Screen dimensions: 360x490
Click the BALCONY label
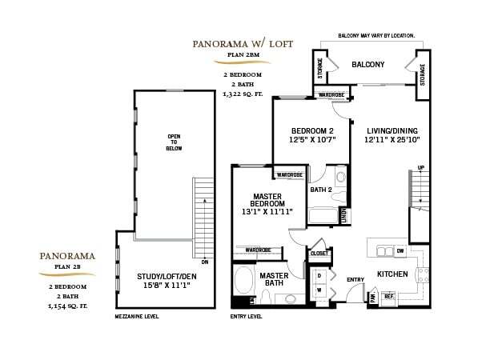(367, 64)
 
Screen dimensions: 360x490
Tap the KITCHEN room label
(392, 274)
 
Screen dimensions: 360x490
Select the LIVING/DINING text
(393, 130)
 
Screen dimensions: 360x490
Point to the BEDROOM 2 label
(311, 130)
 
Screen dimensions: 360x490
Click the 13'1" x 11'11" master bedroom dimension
(267, 212)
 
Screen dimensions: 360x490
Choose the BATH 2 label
(320, 190)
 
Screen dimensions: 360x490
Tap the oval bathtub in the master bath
(244, 282)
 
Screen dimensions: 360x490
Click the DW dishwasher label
(400, 250)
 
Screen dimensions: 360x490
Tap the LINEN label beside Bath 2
(343, 215)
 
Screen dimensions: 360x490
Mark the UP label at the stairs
(420, 169)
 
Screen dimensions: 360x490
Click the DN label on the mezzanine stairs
(205, 262)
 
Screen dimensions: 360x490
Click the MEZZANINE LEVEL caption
(137, 317)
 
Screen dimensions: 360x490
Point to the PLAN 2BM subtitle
(246, 55)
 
